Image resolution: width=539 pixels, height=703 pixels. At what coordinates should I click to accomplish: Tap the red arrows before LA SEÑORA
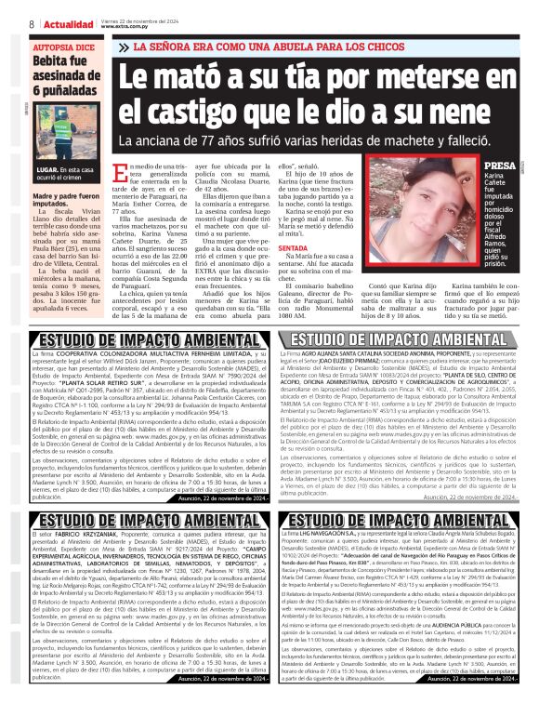129,46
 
